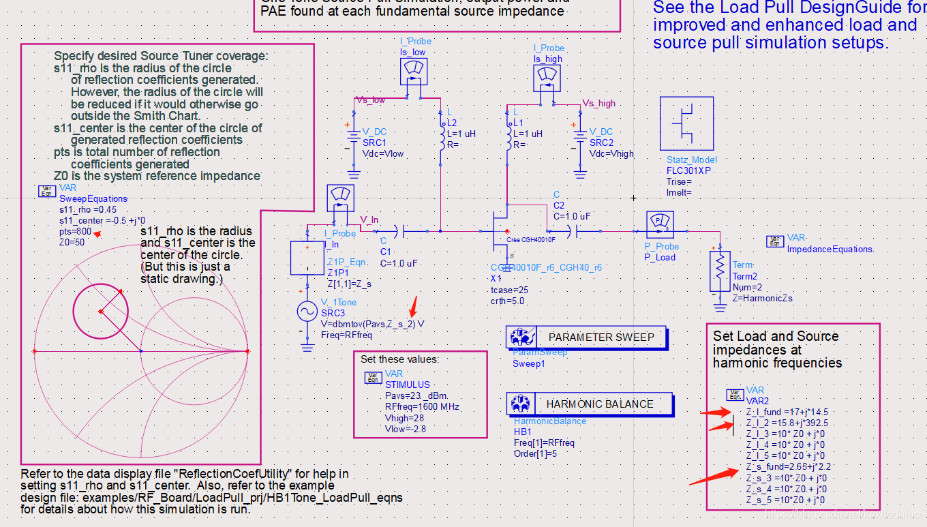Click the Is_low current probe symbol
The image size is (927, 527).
pyautogui.click(x=414, y=71)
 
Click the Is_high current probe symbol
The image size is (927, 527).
pyautogui.click(x=547, y=77)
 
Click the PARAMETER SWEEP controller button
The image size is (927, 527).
pyautogui.click(x=587, y=337)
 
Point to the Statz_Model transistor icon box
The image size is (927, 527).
pyautogui.click(x=686, y=123)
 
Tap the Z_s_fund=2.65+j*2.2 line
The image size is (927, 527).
pyautogui.click(x=788, y=467)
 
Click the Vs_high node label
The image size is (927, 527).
pyautogui.click(x=598, y=104)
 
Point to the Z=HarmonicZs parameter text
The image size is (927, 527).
pyautogui.click(x=762, y=298)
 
